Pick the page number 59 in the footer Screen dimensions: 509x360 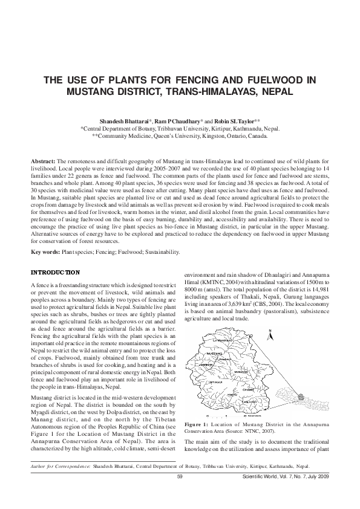point(180,477)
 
